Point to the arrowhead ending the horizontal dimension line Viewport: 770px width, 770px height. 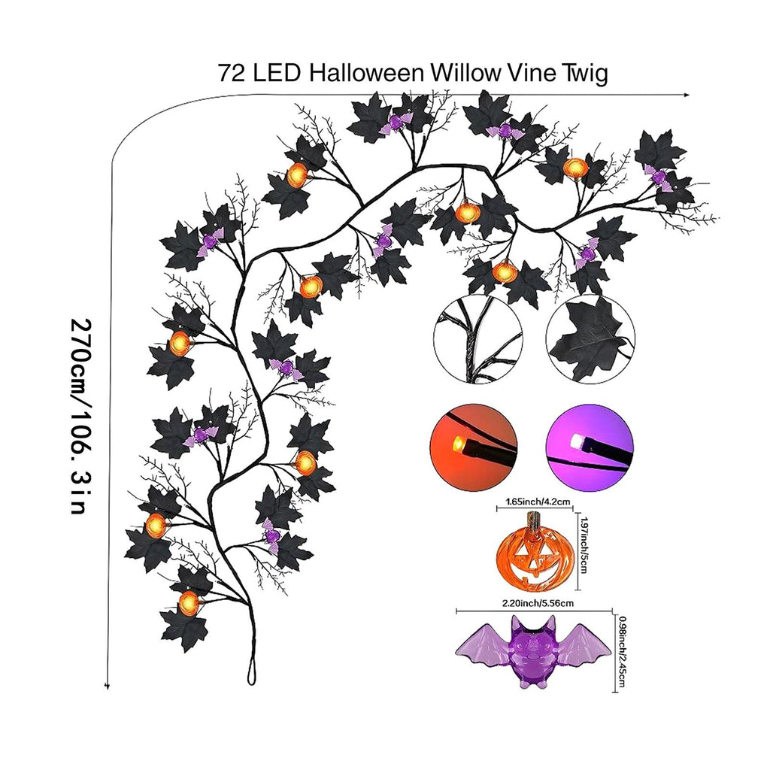(x=687, y=95)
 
